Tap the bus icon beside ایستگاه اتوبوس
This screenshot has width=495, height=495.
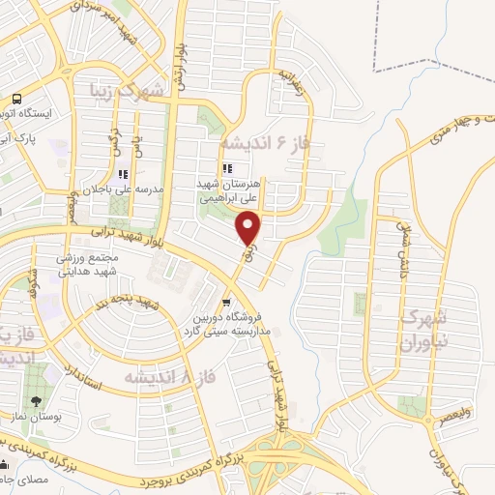tap(16, 99)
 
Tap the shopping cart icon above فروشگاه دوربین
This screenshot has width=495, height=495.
tap(225, 300)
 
